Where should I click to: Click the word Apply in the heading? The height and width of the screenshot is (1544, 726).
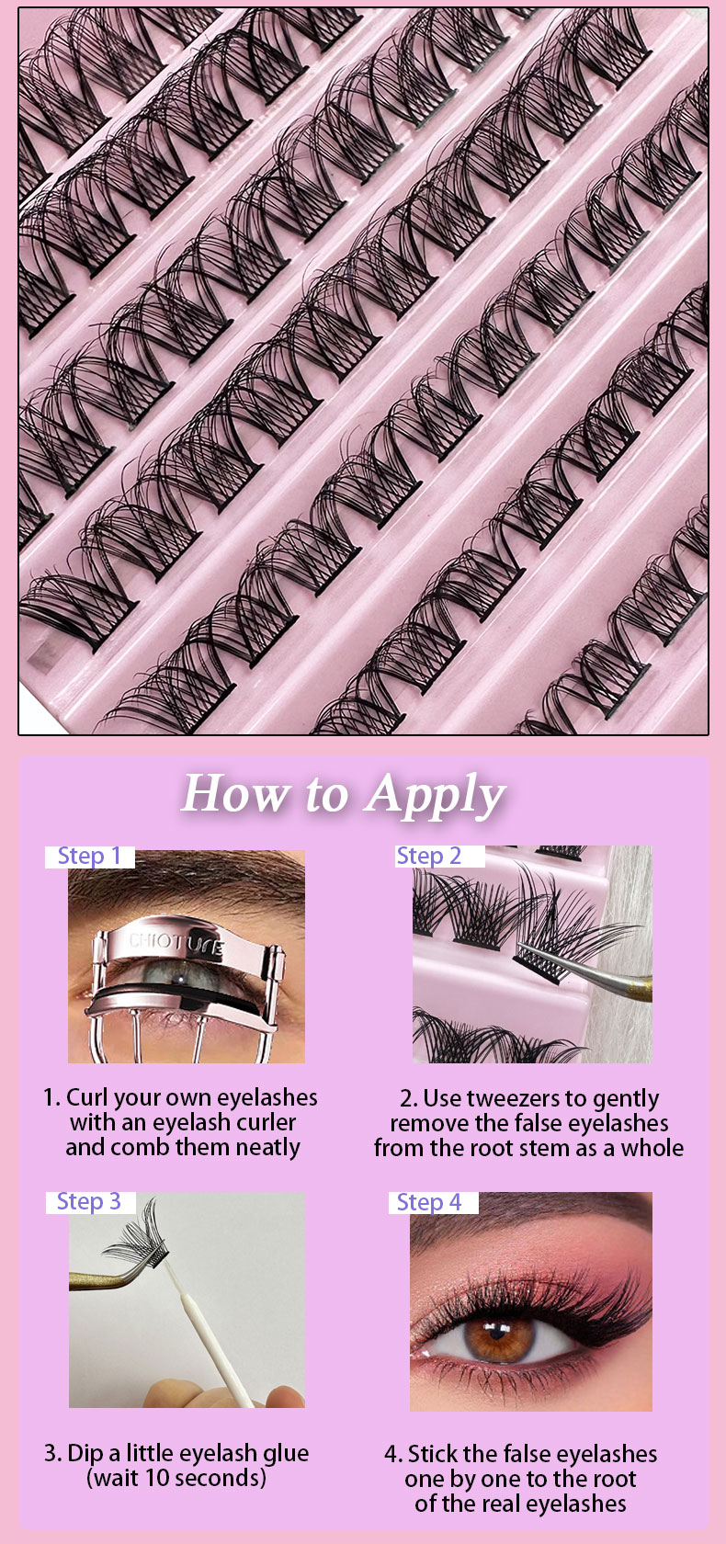coord(436,796)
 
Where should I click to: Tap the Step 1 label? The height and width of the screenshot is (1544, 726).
coord(90,857)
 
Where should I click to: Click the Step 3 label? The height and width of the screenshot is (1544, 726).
coord(89,1201)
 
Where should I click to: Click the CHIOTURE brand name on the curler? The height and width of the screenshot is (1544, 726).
coord(176,943)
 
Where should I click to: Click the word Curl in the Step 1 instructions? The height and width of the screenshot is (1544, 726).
coord(87,1097)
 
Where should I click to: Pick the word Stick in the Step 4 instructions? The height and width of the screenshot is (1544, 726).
coord(433,1454)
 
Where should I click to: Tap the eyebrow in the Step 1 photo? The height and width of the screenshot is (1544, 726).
coord(187,879)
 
